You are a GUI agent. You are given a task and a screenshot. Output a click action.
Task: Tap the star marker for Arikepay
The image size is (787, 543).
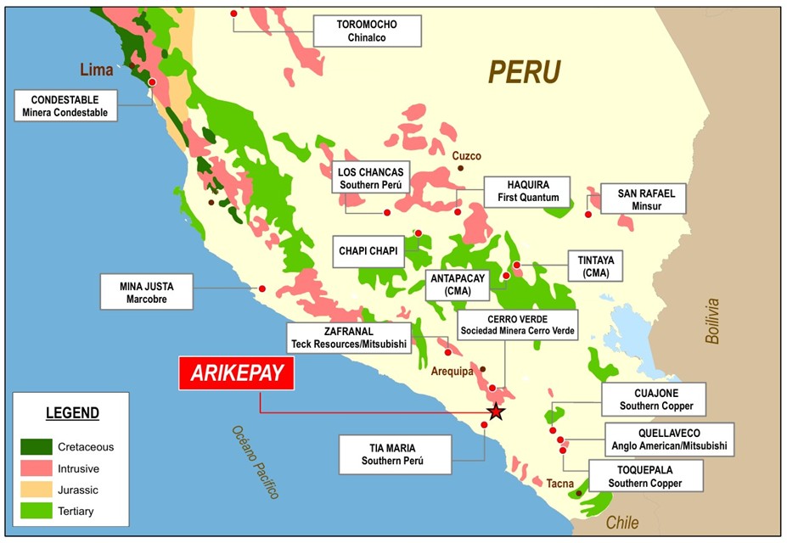[496, 412]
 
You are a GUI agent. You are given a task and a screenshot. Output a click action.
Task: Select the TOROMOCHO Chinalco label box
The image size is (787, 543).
[367, 31]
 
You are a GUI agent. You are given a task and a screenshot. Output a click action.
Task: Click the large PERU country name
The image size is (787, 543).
[524, 72]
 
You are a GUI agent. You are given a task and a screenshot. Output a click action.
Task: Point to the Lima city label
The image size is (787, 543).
[97, 70]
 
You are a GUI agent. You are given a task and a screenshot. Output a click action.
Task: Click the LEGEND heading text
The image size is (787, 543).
[72, 414]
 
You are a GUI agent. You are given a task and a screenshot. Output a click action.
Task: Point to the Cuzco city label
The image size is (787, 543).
[467, 156]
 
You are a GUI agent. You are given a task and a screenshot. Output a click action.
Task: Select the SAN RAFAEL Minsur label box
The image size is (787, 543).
[642, 199]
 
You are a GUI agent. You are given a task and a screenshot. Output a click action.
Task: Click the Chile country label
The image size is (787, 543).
[621, 523]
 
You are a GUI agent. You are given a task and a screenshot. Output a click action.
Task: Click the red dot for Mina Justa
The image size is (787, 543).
[261, 289]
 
